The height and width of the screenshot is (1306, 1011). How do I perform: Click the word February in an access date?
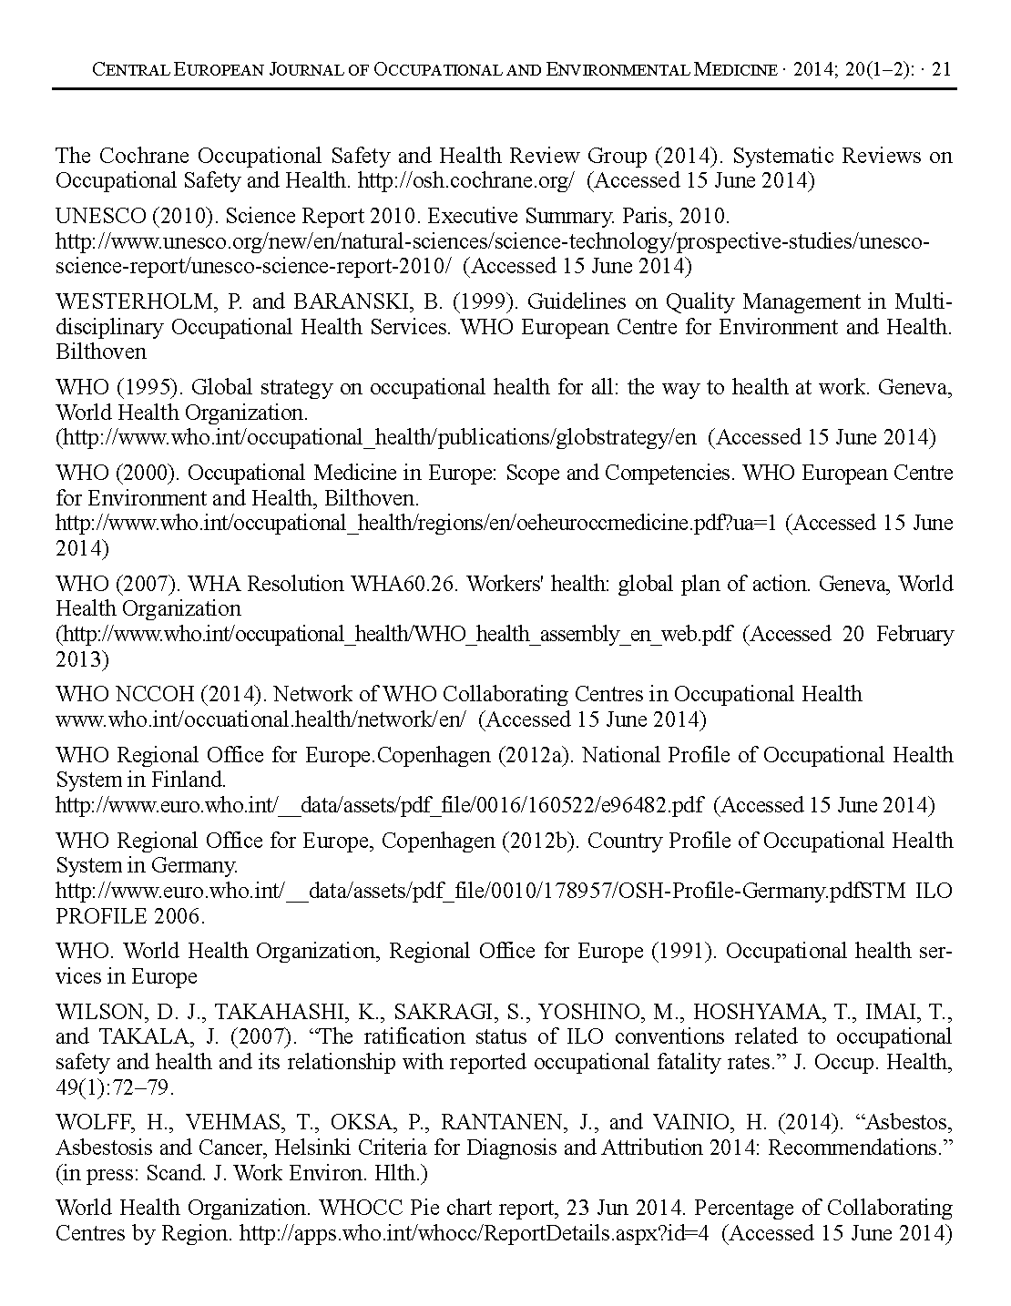click(914, 633)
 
